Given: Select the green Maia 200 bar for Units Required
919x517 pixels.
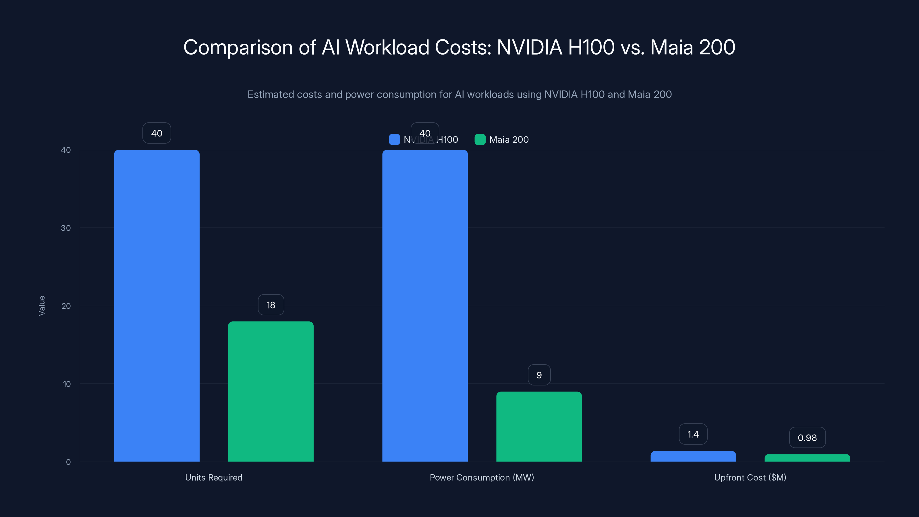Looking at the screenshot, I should [x=271, y=391].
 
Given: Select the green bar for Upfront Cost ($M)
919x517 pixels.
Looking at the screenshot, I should [x=807, y=458].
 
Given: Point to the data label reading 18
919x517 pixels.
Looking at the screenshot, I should [x=271, y=305].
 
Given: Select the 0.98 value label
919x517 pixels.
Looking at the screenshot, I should [x=807, y=437].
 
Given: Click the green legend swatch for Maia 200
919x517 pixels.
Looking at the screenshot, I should [x=480, y=140].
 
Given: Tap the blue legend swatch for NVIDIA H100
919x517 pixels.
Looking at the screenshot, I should [x=394, y=140].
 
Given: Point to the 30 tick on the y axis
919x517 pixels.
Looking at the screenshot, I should [x=66, y=228].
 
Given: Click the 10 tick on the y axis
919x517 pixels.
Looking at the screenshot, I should [x=67, y=384].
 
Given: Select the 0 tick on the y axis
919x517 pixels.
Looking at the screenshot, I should [x=68, y=462].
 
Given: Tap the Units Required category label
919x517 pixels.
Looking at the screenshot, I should [x=213, y=477].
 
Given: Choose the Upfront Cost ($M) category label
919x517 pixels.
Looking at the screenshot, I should [x=750, y=477].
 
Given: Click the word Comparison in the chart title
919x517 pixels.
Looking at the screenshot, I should [x=238, y=47].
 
